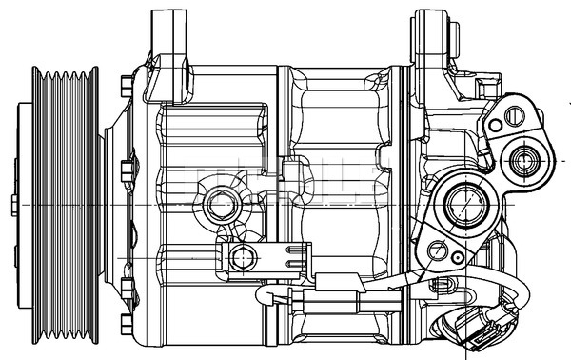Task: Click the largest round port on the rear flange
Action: pos(465,203)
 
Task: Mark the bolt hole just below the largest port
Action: pos(439,250)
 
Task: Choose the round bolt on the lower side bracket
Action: pos(244,255)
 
